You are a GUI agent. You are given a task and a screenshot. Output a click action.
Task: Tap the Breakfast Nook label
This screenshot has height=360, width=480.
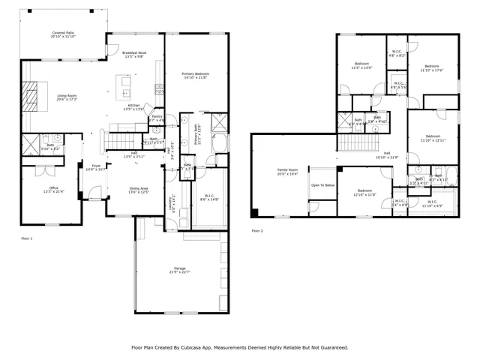click(x=135, y=53)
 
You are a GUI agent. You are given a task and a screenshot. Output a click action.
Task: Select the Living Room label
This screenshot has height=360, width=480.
click(x=67, y=96)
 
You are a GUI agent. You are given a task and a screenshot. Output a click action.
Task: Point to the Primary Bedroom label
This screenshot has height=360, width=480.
click(x=196, y=75)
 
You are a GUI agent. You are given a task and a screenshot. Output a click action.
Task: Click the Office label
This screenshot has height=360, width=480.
click(x=53, y=189)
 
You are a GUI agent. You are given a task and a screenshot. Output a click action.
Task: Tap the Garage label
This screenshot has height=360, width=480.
click(x=180, y=269)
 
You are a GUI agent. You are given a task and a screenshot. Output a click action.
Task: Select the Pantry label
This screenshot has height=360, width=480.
click(x=157, y=118)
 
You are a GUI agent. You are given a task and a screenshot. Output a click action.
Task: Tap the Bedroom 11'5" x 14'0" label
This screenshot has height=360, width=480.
click(x=361, y=66)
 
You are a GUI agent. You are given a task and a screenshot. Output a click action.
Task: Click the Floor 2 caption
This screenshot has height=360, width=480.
click(x=257, y=230)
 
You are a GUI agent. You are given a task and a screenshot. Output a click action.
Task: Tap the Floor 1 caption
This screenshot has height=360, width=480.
click(x=26, y=238)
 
